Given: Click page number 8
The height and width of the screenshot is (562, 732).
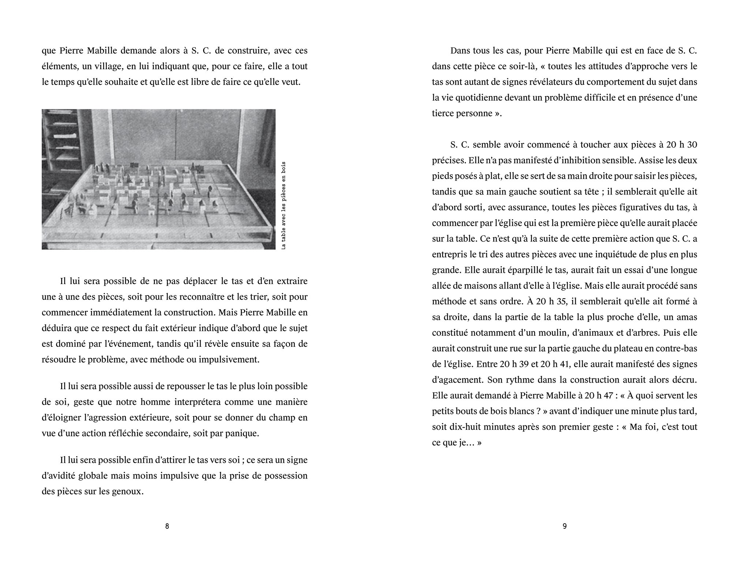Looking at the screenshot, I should [x=167, y=526].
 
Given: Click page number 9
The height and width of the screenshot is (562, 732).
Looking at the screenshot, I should [x=564, y=526].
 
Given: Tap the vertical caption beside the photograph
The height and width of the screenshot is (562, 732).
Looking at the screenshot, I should [x=284, y=205].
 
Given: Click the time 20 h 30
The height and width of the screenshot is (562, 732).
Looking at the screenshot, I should [x=681, y=145].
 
